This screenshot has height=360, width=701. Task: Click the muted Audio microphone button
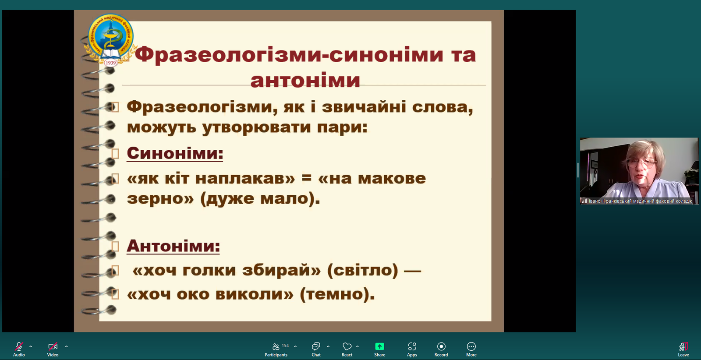click(x=19, y=349)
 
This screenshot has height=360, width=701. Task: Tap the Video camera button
click(x=53, y=349)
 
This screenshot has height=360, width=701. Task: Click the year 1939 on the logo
click(x=110, y=63)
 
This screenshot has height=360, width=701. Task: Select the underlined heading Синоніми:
click(x=175, y=154)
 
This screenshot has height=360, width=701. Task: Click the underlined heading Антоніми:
click(x=173, y=246)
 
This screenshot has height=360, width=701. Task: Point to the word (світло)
click(x=362, y=270)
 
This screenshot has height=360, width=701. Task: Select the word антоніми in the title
click(x=305, y=81)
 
